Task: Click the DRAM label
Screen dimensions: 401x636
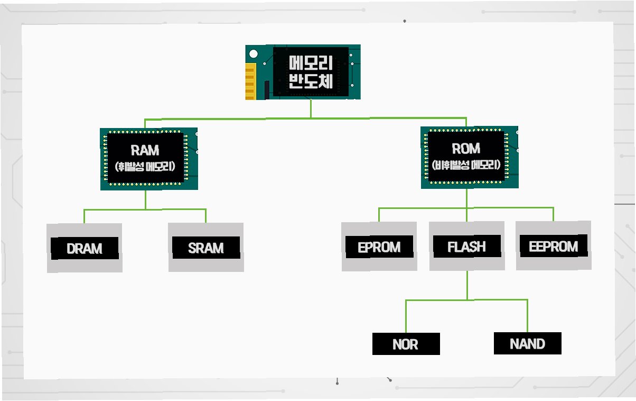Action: click(85, 248)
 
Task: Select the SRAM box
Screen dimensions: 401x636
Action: click(206, 248)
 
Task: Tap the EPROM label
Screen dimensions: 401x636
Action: click(379, 247)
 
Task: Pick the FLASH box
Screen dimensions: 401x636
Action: click(466, 247)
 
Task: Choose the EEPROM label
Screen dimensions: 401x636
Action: click(553, 247)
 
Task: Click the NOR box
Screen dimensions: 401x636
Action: click(406, 344)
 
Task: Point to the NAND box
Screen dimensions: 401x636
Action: click(527, 344)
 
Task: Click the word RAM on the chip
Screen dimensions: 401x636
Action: click(145, 151)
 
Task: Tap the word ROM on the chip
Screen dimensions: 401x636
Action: click(466, 149)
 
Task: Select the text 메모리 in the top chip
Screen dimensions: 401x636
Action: click(311, 63)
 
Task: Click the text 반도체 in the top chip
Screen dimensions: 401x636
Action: click(311, 81)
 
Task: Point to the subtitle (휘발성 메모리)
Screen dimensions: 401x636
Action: click(145, 167)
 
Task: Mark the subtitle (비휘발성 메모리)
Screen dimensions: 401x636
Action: click(466, 165)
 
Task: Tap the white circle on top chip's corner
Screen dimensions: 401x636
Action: click(254, 54)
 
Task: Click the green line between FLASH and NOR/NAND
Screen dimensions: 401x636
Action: click(467, 286)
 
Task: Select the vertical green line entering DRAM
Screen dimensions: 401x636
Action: click(84, 216)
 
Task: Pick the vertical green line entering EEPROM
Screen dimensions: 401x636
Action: click(553, 214)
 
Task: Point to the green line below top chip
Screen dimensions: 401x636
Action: click(311, 108)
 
